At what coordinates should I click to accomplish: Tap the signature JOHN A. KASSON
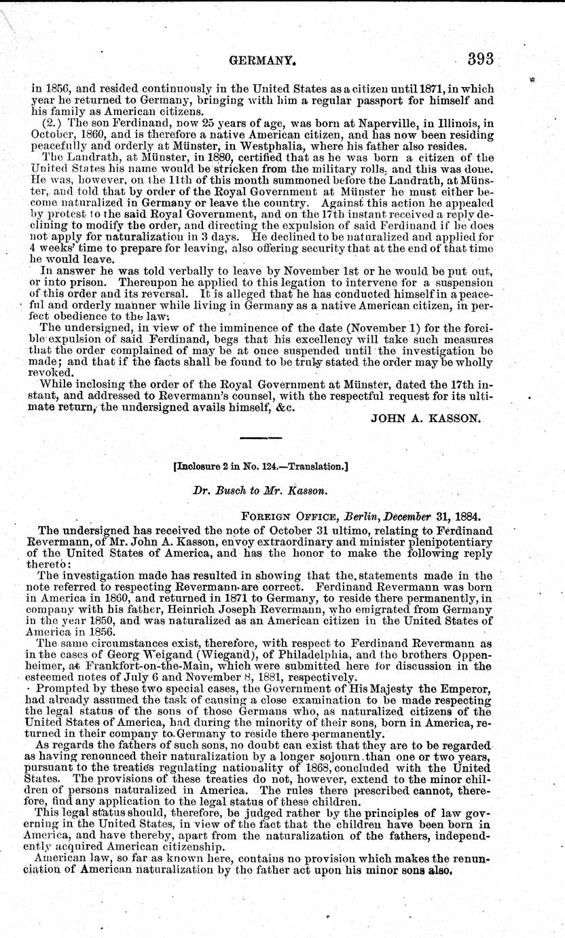tap(425, 419)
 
